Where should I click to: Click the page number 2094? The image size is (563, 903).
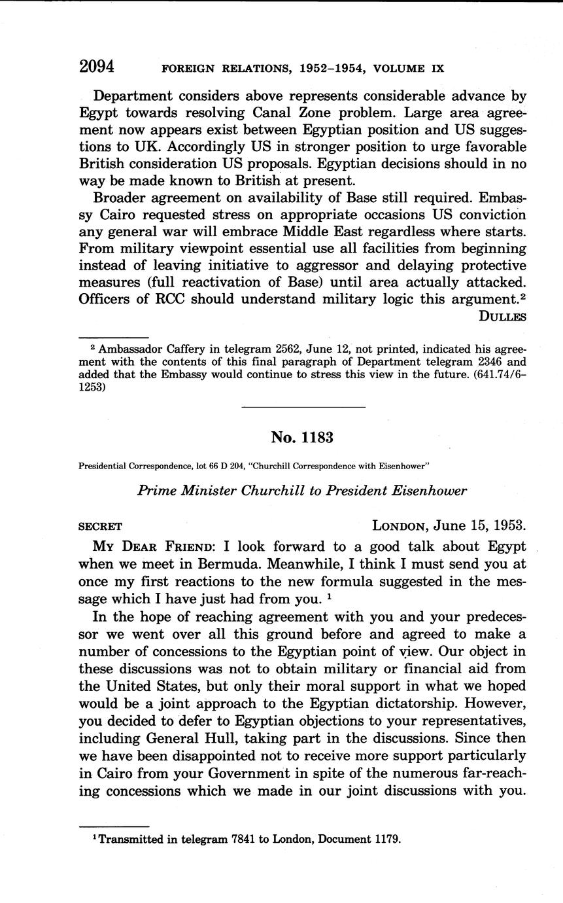tap(97, 67)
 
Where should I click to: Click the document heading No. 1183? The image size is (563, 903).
tap(302, 438)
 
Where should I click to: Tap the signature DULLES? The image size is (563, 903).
tap(502, 317)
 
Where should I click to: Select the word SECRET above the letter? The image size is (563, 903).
tap(100, 526)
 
